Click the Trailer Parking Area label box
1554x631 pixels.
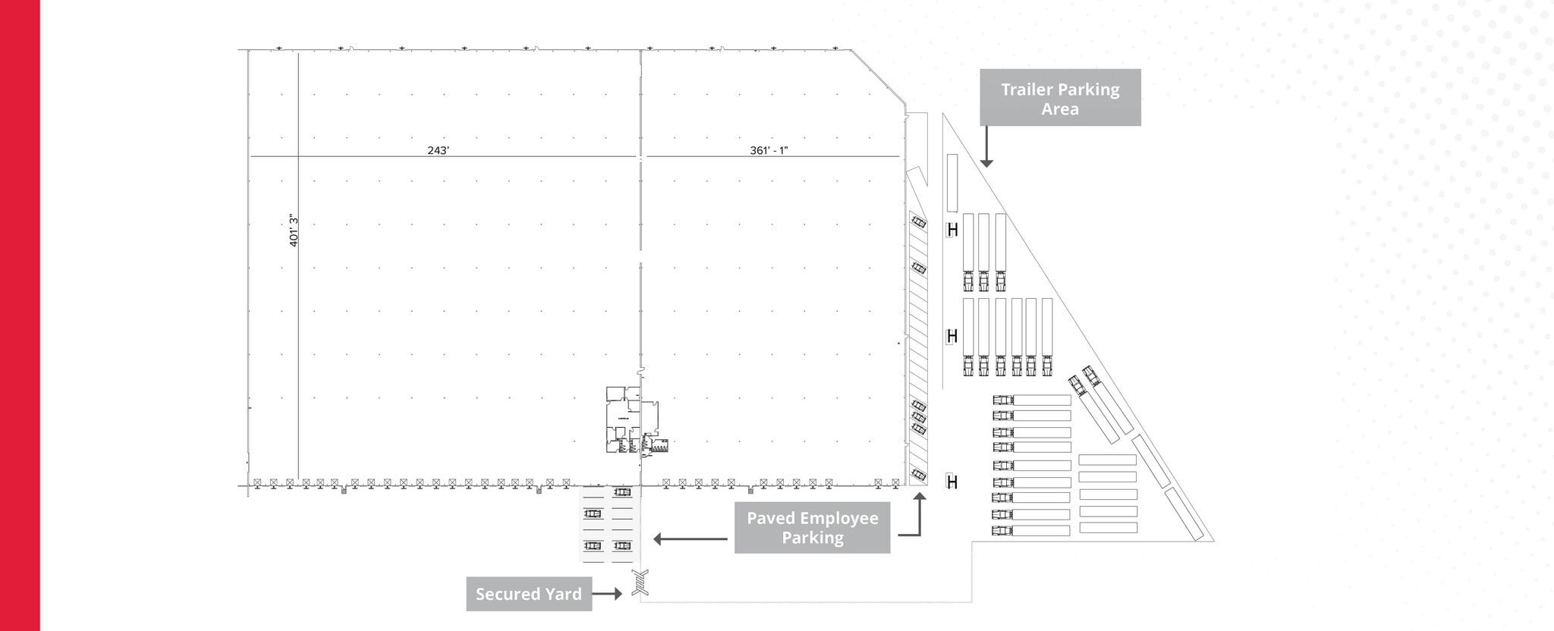click(1060, 97)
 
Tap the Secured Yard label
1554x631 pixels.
click(529, 594)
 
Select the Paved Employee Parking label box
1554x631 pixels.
click(812, 528)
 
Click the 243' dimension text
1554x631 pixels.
click(438, 150)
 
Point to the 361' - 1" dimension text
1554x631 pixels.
click(769, 150)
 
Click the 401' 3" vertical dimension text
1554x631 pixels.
click(294, 230)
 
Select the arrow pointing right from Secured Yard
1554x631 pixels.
click(607, 594)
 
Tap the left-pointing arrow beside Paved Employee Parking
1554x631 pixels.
click(689, 539)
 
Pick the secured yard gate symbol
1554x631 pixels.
click(640, 582)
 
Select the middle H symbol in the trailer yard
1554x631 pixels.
click(952, 335)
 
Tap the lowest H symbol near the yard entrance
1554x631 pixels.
click(952, 482)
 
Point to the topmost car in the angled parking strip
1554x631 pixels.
click(919, 222)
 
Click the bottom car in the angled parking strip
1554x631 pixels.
click(919, 475)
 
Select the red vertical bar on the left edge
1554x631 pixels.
click(20, 315)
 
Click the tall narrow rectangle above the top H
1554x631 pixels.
click(952, 183)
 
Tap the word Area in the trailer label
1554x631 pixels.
click(1060, 109)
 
